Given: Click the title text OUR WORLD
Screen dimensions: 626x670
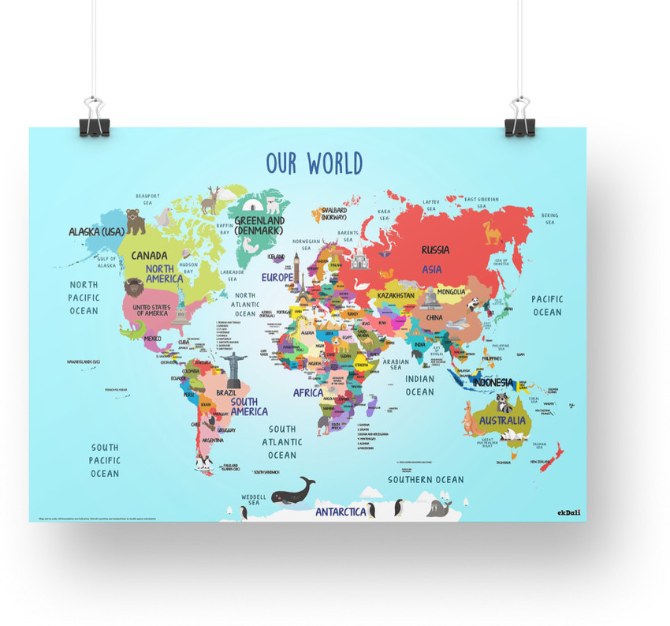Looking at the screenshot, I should pos(314,163).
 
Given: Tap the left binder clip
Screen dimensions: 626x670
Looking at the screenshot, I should pos(94,118).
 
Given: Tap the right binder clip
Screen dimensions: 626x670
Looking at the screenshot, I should pos(520,118).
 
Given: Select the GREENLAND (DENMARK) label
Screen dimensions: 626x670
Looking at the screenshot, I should pos(259,226).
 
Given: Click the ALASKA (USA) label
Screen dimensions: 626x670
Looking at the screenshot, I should pos(96,231).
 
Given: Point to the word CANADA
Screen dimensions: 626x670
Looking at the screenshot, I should pos(149,255).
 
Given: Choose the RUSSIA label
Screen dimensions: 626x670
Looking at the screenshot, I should pos(435,249).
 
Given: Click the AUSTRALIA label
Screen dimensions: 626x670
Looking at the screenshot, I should pos(502,420).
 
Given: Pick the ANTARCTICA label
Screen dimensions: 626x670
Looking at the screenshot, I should pos(341,512).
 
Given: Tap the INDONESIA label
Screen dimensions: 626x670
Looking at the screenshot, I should pos(493,383).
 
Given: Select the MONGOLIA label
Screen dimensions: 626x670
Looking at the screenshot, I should pos(450,292).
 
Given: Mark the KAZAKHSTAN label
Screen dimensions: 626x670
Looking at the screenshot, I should pos(396,295).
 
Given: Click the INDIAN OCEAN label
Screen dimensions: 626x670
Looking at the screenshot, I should pos(419,385).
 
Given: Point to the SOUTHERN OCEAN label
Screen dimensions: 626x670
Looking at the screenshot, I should pos(426,479).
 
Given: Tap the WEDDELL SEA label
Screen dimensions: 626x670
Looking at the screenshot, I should pos(253,498).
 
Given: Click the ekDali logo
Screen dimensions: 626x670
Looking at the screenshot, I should pos(569,512).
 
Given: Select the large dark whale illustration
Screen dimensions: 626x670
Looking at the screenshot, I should pos(292,491).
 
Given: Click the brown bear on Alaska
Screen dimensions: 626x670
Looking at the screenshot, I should pos(136,222).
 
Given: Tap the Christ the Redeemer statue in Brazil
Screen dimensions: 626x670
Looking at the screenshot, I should pos(233,364).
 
